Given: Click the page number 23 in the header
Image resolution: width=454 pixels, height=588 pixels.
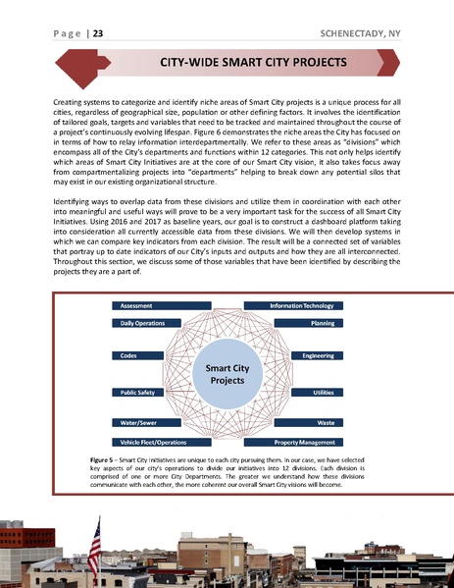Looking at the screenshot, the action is pos(99,34).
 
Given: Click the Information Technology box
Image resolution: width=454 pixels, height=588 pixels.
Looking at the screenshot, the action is pos(301,305).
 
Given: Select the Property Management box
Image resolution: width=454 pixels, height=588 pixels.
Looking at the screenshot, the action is pos(301,442).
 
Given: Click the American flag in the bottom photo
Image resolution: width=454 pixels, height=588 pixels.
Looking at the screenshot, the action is pos(95,538).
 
